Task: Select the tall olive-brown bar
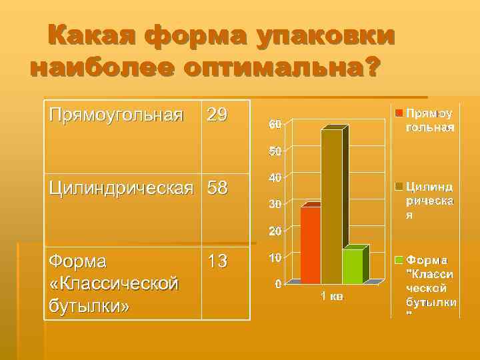[x=331, y=207]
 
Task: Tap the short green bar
[x=352, y=265]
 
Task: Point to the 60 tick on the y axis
[x=275, y=125]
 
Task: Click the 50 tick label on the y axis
[x=275, y=151]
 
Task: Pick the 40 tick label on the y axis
[x=275, y=178]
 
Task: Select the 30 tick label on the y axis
[x=275, y=204]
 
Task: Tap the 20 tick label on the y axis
[x=275, y=231]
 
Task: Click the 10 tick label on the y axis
[x=275, y=257]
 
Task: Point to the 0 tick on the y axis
[x=277, y=283]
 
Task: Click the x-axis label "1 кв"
[x=331, y=296]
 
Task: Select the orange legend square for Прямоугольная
[x=399, y=112]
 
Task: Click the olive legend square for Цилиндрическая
[x=399, y=185]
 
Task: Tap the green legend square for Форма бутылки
[x=399, y=259]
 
